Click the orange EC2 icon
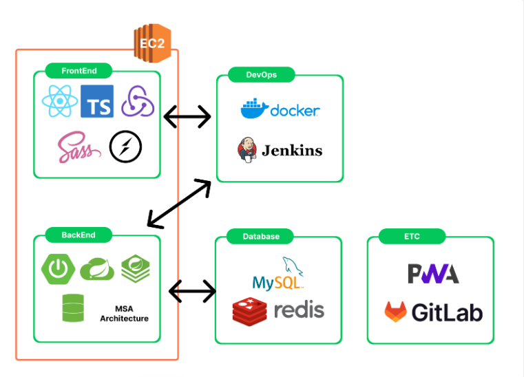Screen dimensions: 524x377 coord(152,43)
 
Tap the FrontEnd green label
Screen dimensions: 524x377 coord(78,71)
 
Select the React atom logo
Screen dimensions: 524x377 coord(60,101)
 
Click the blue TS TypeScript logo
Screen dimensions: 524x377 coord(97,101)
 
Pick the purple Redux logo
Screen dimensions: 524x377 coord(138,101)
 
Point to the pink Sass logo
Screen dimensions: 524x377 coord(79,147)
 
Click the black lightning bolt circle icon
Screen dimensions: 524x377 coord(125,147)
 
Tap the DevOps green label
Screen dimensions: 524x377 coord(262,75)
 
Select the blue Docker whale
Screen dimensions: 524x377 coord(255,108)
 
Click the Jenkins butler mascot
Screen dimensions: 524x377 coord(247,149)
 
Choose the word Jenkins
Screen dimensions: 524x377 coord(292,151)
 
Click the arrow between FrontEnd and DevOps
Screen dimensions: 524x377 coord(187,116)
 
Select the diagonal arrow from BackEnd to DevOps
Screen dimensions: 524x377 coord(179,204)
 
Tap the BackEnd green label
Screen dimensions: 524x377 coord(78,235)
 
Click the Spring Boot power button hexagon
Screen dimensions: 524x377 coord(58,269)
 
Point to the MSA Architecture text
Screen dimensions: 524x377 coord(125,314)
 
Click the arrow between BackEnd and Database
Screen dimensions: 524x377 coord(193,291)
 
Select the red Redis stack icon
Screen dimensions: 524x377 coord(250,311)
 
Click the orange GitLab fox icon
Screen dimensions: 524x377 coord(396,312)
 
